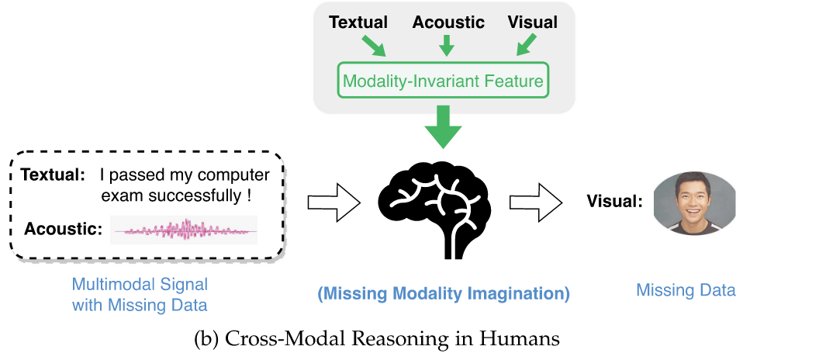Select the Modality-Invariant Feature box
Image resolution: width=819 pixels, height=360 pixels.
pyautogui.click(x=444, y=81)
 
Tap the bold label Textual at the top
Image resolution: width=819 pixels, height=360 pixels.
pyautogui.click(x=358, y=22)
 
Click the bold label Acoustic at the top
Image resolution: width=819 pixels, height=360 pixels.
pyautogui.click(x=448, y=22)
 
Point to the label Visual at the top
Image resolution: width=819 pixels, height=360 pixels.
pyautogui.click(x=532, y=22)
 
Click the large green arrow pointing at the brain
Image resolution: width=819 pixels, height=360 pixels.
pyautogui.click(x=444, y=126)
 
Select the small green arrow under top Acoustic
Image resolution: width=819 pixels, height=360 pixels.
pyautogui.click(x=446, y=46)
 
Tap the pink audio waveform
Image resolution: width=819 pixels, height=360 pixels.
pyautogui.click(x=184, y=230)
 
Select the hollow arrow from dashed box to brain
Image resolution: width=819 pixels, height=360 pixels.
pyautogui.click(x=334, y=202)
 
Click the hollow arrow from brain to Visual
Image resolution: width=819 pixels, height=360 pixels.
pyautogui.click(x=535, y=202)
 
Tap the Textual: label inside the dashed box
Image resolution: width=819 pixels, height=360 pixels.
pyautogui.click(x=53, y=175)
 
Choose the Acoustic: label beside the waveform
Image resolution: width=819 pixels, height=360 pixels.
pyautogui.click(x=64, y=229)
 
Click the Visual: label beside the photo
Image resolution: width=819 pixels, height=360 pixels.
pyautogui.click(x=614, y=202)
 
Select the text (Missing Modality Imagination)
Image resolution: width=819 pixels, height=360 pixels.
pyautogui.click(x=444, y=294)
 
